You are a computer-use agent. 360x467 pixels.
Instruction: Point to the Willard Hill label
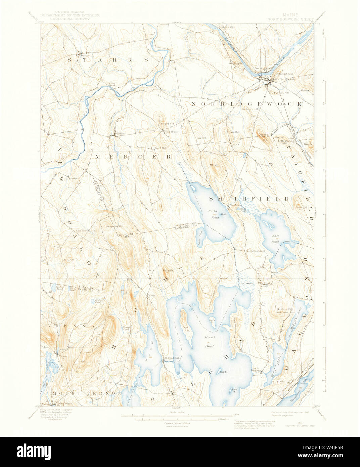coord(167,124)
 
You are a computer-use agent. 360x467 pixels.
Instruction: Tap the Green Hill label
coord(301,207)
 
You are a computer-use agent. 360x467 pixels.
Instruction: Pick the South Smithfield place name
coord(256,251)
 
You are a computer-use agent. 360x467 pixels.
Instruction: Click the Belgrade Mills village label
coord(173,358)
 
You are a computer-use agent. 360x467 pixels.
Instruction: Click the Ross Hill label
coord(234,132)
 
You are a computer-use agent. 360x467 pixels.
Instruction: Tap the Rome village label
coord(152,296)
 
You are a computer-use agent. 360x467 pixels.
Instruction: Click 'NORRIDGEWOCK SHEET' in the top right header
coord(290,19)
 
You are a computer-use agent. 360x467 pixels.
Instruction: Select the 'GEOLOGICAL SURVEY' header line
coord(70,19)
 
